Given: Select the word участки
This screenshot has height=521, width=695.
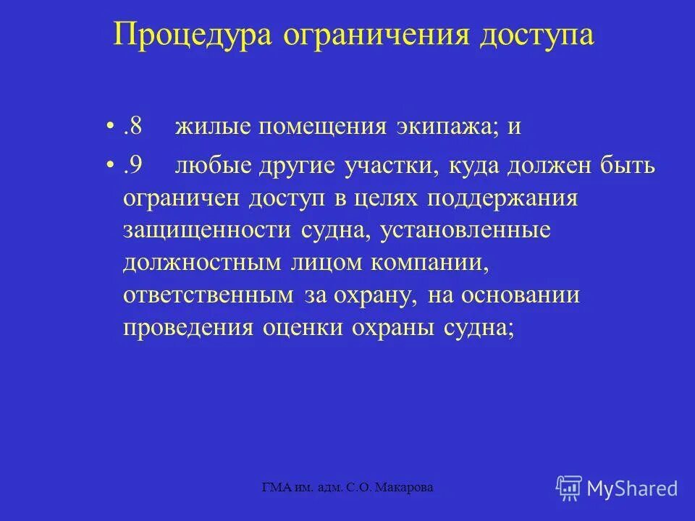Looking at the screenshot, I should (389, 166).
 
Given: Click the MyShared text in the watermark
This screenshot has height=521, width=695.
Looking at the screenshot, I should (632, 488).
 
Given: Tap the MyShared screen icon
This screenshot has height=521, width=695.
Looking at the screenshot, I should (569, 488).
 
